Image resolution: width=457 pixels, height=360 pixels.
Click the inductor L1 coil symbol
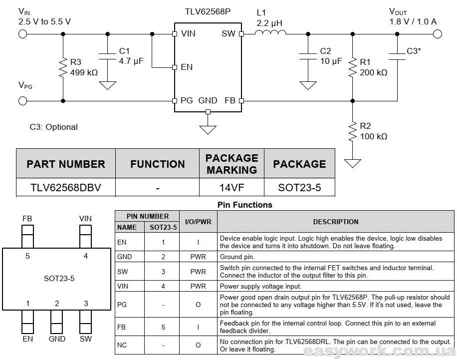(270, 32)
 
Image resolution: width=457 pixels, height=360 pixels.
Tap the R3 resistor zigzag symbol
(63, 68)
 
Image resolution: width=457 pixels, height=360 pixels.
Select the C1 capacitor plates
(108, 56)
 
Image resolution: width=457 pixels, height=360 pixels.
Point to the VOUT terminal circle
(438, 34)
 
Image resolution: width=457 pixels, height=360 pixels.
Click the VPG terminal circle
(23, 101)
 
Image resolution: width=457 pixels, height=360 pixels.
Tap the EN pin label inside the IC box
(187, 67)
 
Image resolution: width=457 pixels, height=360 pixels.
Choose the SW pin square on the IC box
(241, 34)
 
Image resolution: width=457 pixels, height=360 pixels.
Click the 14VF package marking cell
(231, 187)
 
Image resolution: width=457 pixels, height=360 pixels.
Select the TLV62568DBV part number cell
(66, 187)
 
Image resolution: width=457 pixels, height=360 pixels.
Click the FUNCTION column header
(157, 164)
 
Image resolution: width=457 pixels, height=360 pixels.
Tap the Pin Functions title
(245, 205)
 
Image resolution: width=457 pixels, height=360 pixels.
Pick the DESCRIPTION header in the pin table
(336, 222)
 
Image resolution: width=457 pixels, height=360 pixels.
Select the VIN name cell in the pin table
(130, 286)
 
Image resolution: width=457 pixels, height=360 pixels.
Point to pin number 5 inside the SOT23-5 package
(27, 256)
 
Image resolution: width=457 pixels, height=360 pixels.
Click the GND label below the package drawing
(57, 339)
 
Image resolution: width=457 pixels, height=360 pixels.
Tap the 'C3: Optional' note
(53, 127)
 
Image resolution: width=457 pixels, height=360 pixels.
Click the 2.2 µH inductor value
(269, 23)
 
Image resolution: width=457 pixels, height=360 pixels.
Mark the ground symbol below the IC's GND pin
(208, 129)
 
